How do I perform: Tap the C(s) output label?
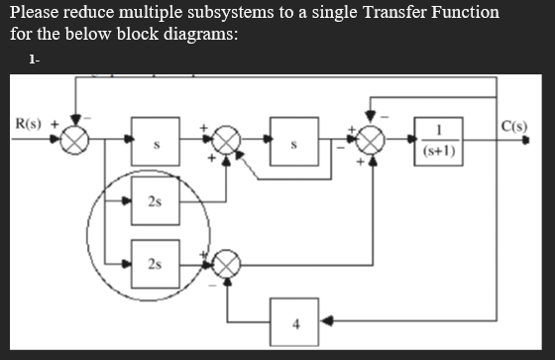click(x=515, y=126)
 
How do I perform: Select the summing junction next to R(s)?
click(x=75, y=141)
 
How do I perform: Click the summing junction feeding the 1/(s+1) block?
click(x=371, y=141)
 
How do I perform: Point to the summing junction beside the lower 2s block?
click(x=227, y=263)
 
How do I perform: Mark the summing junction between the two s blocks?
click(x=227, y=141)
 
